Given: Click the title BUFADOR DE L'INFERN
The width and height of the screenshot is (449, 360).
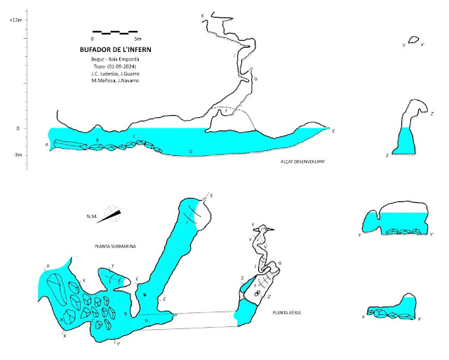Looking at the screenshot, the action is point(116,50).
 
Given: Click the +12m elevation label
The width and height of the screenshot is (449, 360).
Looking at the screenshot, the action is point(16,21).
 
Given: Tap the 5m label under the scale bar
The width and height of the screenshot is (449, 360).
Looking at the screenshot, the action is point(137,39).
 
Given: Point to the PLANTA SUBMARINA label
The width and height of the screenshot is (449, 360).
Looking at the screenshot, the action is point(115,246).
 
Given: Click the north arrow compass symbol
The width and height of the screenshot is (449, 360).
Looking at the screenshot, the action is point(111,215).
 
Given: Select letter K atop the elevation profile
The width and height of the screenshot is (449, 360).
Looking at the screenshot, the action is point(202,15).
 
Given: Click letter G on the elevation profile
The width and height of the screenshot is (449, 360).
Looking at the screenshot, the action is point(255,80).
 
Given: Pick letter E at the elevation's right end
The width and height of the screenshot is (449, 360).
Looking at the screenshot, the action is point(333,131).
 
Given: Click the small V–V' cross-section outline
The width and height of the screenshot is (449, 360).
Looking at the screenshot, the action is point(414,40).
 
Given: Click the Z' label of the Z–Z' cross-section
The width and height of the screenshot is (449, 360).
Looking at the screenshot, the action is point(432,113).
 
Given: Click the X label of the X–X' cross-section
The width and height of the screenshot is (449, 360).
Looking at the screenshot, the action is point(363,317).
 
